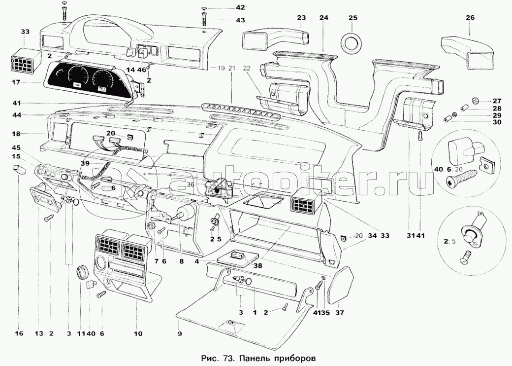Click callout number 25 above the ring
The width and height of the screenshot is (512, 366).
click(352, 18)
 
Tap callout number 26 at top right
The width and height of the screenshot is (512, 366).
click(470, 18)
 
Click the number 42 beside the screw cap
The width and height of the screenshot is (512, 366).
click(240, 8)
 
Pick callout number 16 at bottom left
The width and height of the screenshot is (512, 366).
click(19, 334)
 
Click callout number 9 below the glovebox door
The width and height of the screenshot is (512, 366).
click(180, 334)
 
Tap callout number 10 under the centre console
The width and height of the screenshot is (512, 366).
click(138, 334)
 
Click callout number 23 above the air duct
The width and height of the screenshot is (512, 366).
click(301, 18)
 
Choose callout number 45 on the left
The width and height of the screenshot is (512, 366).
click(16, 147)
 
